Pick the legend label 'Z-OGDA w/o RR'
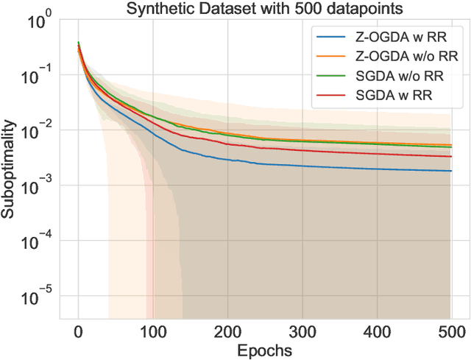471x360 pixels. point(394,56)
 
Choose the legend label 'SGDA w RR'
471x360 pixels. point(383,94)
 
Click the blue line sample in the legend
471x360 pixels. point(329,37)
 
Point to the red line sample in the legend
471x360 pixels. point(329,94)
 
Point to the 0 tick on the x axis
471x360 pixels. point(78,330)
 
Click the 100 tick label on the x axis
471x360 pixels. point(153,330)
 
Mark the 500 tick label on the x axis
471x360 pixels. point(451,330)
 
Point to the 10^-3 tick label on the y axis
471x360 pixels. point(33,186)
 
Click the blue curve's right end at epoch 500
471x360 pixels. point(450,171)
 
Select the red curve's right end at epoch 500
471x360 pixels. point(450,156)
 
